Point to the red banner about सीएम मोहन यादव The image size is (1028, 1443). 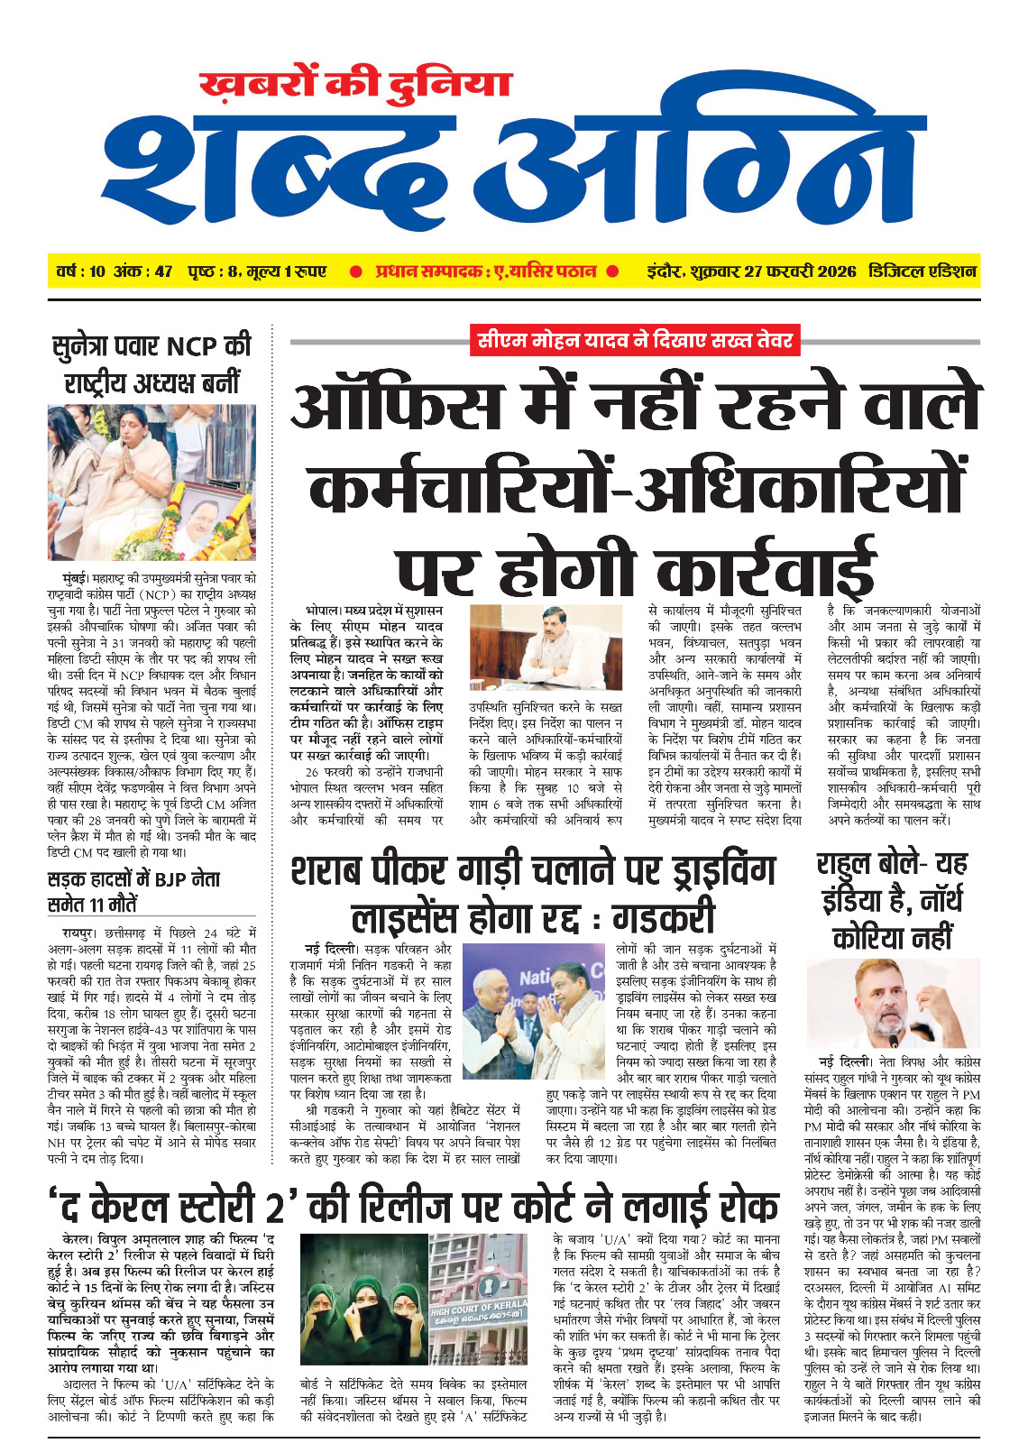636,340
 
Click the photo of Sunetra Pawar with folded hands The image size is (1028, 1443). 151,482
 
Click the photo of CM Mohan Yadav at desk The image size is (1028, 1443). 546,648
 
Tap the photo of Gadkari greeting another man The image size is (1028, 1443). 533,1010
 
